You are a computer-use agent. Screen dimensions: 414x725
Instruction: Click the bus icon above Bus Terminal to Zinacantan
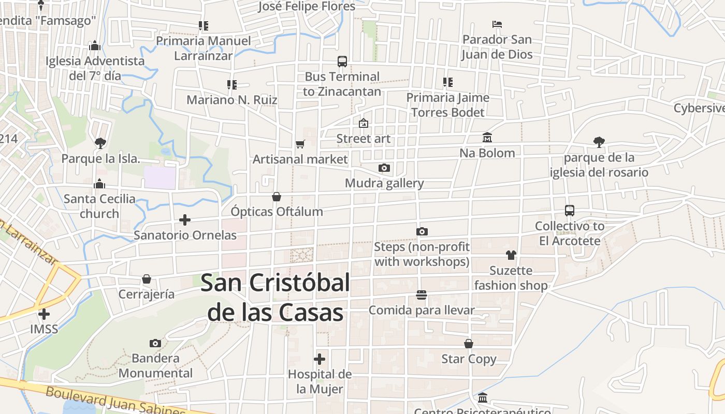[x=342, y=62]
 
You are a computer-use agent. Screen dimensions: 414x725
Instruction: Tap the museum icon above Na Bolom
[x=487, y=138]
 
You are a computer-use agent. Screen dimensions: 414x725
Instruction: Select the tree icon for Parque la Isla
[x=100, y=143]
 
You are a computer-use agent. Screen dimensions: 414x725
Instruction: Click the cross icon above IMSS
[x=44, y=314]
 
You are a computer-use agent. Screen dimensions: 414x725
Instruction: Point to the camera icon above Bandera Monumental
[x=155, y=343]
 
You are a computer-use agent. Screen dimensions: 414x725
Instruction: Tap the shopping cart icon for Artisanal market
[x=300, y=144]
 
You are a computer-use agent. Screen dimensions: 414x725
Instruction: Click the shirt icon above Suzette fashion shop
[x=511, y=255]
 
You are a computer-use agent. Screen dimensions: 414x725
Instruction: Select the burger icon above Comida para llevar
[x=422, y=295]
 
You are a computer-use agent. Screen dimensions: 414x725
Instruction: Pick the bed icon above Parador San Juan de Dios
[x=497, y=24]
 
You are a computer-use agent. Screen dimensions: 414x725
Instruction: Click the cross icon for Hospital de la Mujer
[x=320, y=359]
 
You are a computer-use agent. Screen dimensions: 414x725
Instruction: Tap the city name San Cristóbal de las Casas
[x=275, y=298]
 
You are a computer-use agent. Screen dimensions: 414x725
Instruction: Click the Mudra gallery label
[x=384, y=183]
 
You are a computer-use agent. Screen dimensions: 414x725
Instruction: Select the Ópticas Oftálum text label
[x=277, y=212]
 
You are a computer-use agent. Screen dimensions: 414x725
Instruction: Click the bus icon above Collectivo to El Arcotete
[x=570, y=211]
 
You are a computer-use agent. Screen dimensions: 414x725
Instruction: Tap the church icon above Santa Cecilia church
[x=99, y=184]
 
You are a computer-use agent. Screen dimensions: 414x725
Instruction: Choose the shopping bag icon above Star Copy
[x=469, y=344]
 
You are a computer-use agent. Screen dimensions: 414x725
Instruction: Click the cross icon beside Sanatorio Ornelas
[x=185, y=220]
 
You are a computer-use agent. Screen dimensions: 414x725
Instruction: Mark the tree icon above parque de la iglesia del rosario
[x=599, y=142]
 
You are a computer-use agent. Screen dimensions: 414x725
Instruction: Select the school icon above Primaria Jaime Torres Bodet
[x=448, y=82]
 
